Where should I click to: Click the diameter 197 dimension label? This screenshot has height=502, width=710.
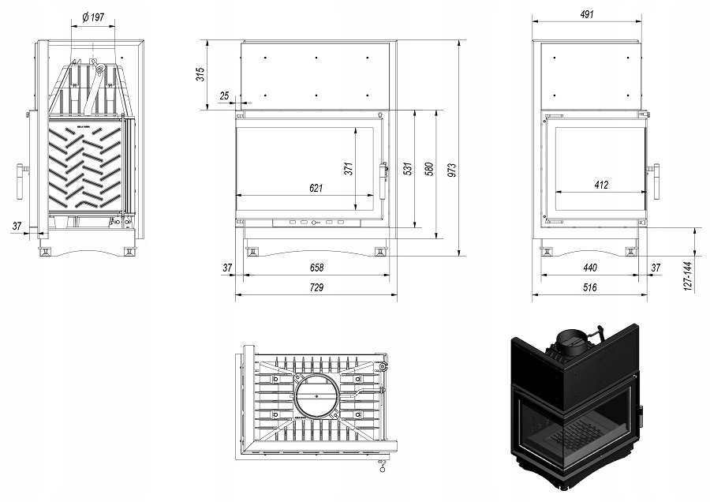click(94, 16)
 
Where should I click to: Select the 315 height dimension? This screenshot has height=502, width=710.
click(200, 74)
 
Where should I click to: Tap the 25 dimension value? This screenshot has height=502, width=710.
click(225, 96)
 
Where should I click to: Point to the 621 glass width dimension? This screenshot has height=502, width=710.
click(316, 188)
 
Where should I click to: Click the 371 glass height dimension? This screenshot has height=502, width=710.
click(347, 167)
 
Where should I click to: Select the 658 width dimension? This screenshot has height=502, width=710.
click(316, 268)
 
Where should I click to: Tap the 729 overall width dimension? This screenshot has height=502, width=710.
click(316, 288)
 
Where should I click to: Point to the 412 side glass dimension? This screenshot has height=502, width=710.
click(601, 185)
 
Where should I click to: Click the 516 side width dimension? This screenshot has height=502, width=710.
click(590, 288)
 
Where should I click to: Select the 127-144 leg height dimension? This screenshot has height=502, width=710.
click(688, 274)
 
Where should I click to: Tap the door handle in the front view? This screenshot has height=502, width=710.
click(384, 182)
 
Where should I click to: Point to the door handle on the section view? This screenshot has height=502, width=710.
click(18, 182)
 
